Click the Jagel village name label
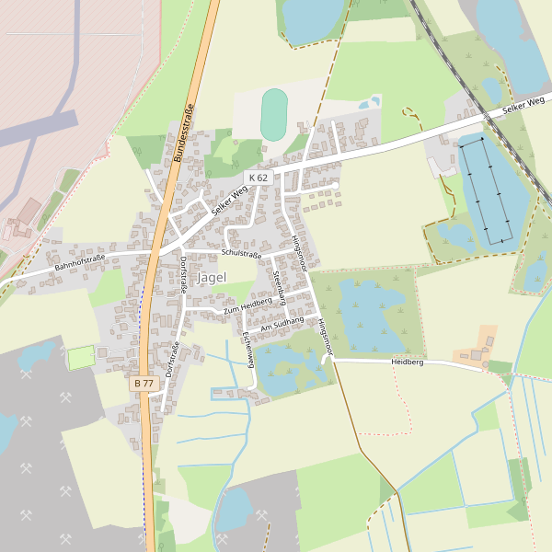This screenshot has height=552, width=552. (x=212, y=279)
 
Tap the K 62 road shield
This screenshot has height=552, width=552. (x=258, y=178)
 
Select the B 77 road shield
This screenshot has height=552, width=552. (x=143, y=383)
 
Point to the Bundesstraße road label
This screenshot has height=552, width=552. (x=184, y=134)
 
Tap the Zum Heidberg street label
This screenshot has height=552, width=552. (x=247, y=305)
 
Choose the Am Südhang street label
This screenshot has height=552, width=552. (x=282, y=323)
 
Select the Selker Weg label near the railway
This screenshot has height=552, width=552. (x=523, y=105)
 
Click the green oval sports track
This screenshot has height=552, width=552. (x=273, y=114)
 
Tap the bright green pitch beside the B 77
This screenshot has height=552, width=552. (x=81, y=358)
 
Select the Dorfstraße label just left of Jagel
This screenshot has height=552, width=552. (x=183, y=275)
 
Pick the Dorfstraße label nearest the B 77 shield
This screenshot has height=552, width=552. (x=171, y=360)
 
